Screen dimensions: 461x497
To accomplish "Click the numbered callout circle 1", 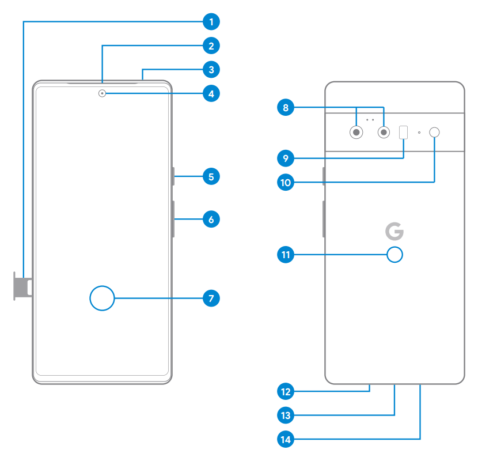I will coord(211,22).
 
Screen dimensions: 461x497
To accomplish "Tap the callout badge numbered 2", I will coord(211,46).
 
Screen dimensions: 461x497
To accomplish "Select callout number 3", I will coord(211,70).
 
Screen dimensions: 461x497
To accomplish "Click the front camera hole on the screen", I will coord(102,93).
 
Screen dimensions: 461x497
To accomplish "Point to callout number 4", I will coord(211,93).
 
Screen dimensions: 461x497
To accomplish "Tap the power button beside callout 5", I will coord(173,176).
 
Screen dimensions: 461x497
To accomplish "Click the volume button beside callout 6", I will coord(173,219).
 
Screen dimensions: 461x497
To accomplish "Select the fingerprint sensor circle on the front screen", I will coord(103,298).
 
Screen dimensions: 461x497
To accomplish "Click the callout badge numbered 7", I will coord(211,298).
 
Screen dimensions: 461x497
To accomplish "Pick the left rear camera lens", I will coord(357,133).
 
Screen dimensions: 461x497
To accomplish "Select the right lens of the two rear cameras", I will coord(384,133).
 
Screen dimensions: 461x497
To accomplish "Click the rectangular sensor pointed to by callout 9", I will coord(404,132).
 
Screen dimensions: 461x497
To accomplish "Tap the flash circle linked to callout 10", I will coord(435,132).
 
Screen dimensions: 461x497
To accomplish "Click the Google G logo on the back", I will coord(394,232).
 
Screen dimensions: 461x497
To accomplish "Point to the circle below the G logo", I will coord(394,254).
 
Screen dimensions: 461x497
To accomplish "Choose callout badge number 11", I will coord(285,254).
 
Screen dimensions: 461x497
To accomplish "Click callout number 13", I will coord(285,414).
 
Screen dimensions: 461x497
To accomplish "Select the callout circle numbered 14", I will coord(285,440).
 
